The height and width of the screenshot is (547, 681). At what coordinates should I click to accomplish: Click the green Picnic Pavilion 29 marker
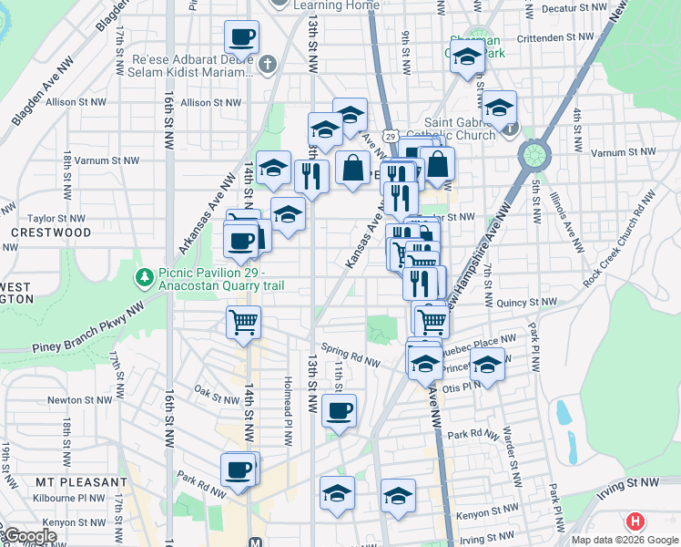tap(143, 275)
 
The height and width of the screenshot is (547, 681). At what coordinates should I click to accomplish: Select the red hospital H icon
tap(635, 522)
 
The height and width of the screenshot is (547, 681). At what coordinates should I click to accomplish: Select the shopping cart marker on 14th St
tap(243, 322)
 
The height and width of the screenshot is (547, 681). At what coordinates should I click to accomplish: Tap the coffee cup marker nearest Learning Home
tap(241, 38)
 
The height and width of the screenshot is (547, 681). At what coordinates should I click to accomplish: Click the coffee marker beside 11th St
tap(340, 410)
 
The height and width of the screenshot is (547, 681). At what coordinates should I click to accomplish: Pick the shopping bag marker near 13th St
tap(352, 168)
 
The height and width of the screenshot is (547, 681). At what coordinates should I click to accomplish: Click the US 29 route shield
tap(391, 135)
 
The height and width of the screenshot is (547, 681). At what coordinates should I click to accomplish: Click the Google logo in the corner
tap(29, 536)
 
